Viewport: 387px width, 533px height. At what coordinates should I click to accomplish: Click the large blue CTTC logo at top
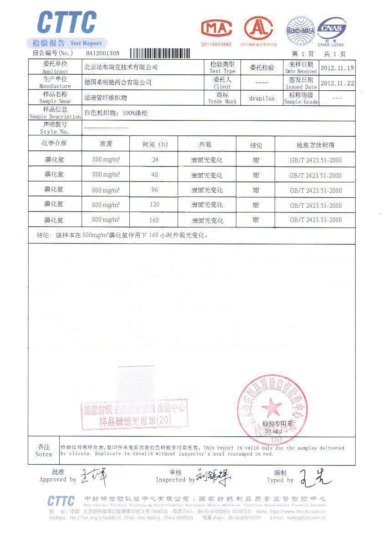[x=67, y=23]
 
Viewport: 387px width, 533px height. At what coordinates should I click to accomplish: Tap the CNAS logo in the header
[x=331, y=30]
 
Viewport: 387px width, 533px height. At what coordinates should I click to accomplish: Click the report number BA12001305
[x=103, y=53]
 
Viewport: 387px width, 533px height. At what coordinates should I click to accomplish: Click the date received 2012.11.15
[x=337, y=68]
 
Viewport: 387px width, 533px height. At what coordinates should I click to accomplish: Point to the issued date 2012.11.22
[x=337, y=83]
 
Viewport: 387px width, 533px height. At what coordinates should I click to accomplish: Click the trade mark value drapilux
[x=262, y=98]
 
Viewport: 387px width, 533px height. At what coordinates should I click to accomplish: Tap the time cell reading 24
[x=155, y=160]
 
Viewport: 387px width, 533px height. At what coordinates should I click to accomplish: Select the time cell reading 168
[x=154, y=220]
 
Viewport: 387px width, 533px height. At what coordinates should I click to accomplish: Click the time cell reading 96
[x=155, y=190]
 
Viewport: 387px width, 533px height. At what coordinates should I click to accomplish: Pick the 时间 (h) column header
[x=155, y=145]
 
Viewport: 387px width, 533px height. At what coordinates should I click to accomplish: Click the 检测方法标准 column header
[x=315, y=145]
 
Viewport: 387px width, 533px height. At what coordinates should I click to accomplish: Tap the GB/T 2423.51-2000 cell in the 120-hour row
[x=315, y=206]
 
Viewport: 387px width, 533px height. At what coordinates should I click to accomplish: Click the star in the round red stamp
[x=272, y=405]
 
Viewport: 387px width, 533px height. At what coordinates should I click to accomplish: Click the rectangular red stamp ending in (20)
[x=135, y=415]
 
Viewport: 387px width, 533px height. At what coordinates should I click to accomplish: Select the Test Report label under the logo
[x=86, y=43]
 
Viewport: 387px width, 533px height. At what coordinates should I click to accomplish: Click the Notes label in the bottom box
[x=44, y=450]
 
